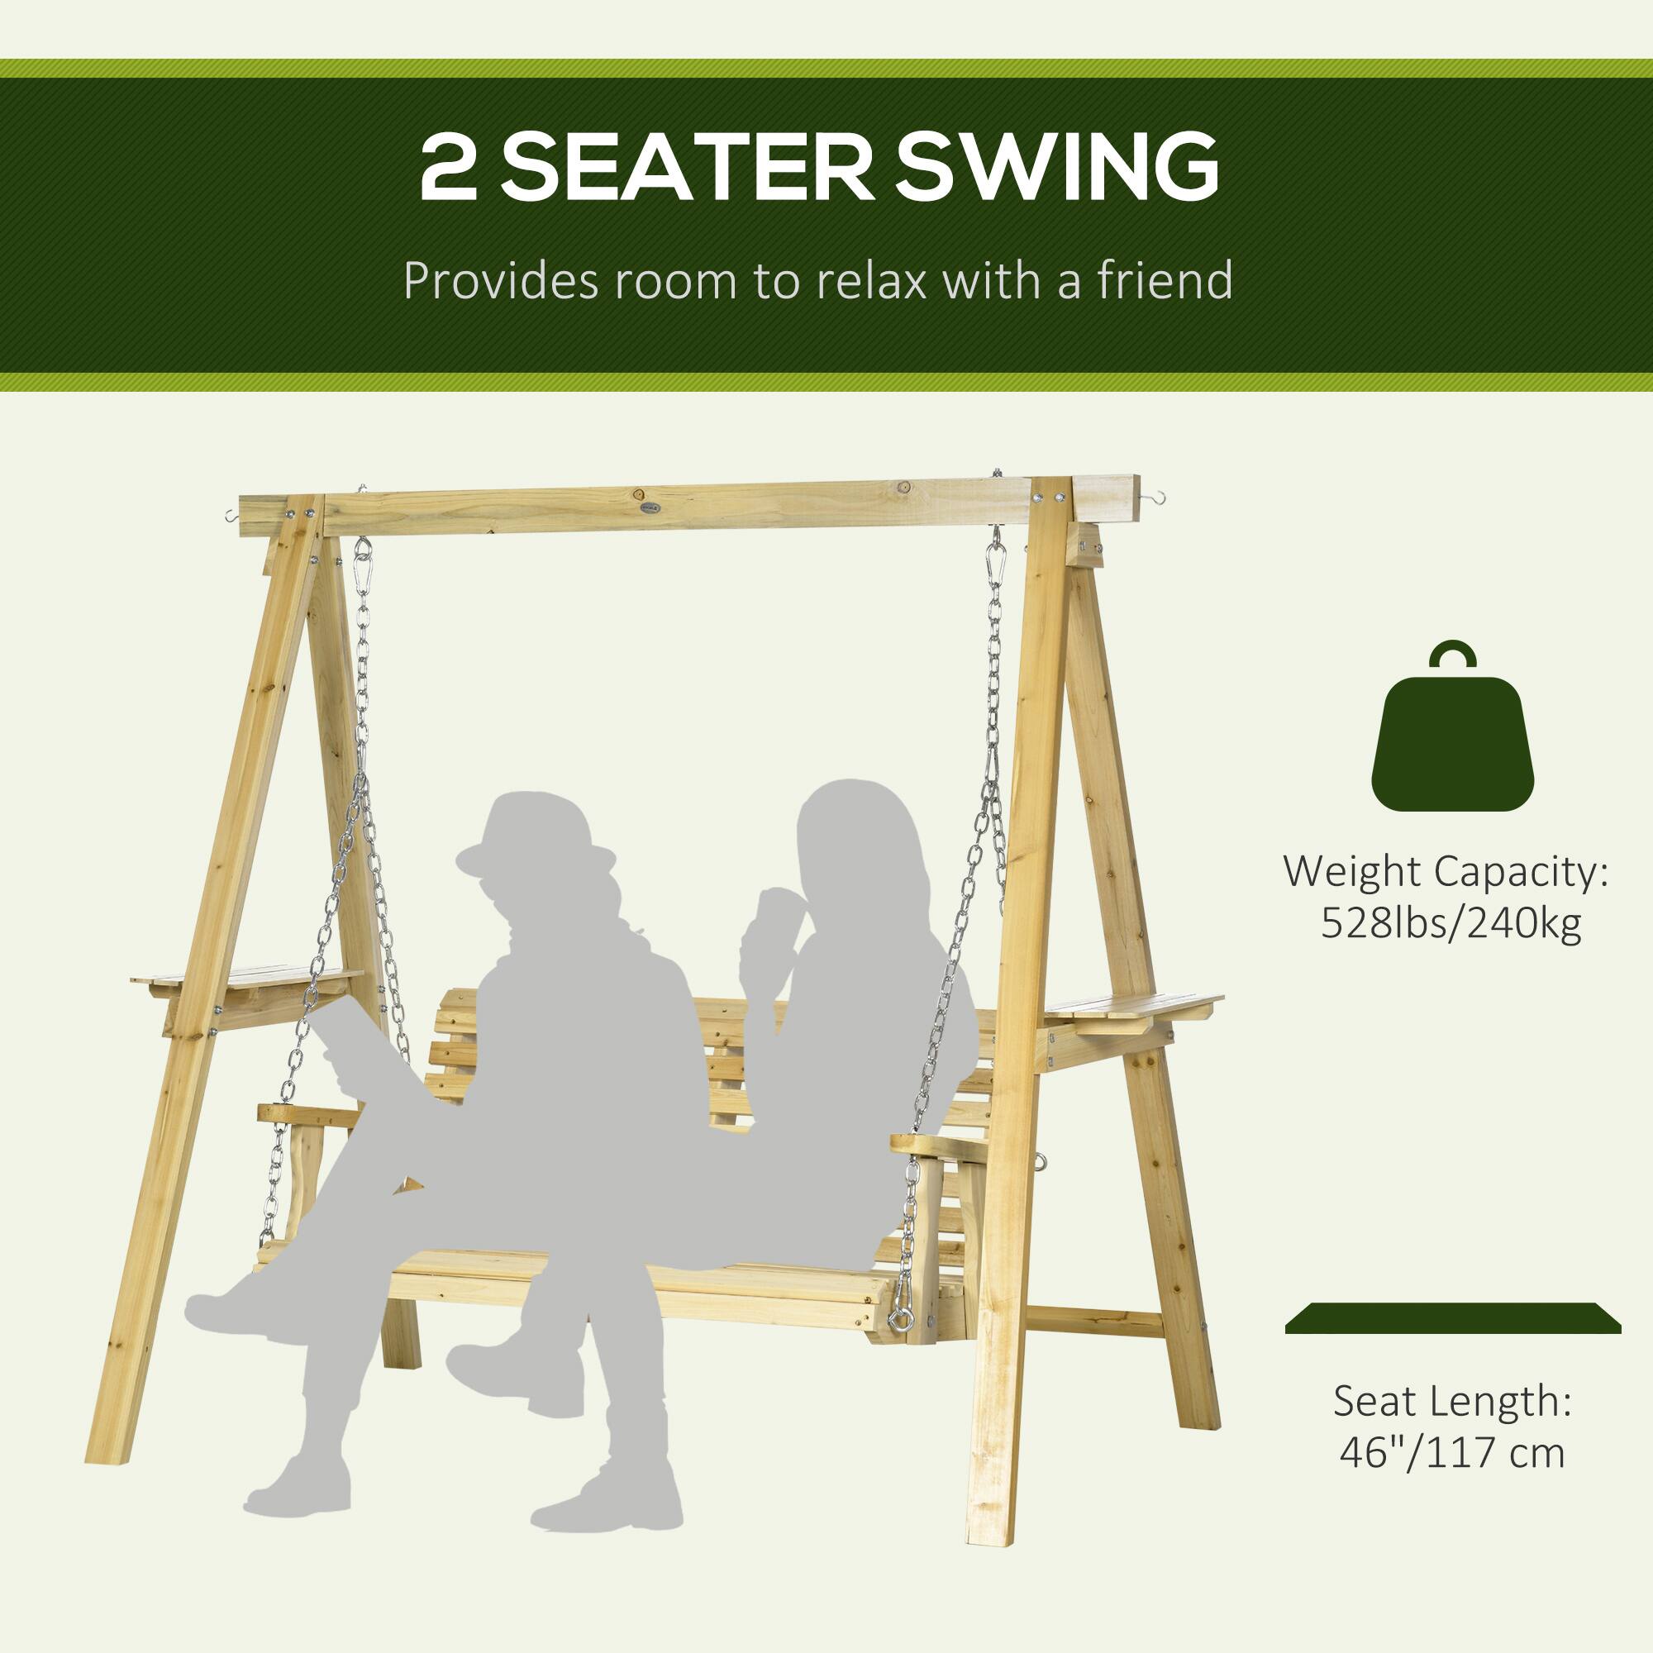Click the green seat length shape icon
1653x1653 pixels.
click(x=1452, y=1341)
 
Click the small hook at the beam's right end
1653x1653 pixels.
click(x=1156, y=496)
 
